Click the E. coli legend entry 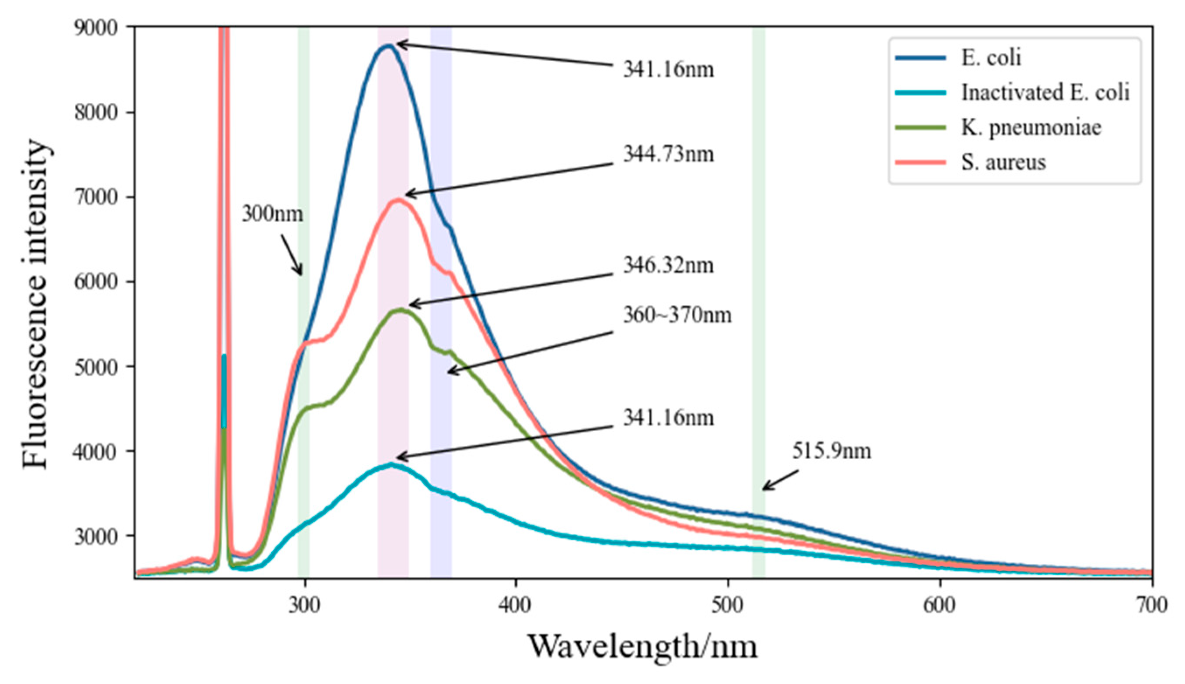pyautogui.click(x=991, y=58)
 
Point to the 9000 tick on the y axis pyautogui.click(x=96, y=28)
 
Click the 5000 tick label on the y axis pyautogui.click(x=96, y=367)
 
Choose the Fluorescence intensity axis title pyautogui.click(x=36, y=304)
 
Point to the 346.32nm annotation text pyautogui.click(x=668, y=266)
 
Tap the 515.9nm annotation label pyautogui.click(x=831, y=451)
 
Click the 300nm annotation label pyautogui.click(x=272, y=214)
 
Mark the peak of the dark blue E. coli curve pyautogui.click(x=388, y=45)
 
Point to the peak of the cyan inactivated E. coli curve pyautogui.click(x=391, y=464)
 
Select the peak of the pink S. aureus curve pyautogui.click(x=398, y=200)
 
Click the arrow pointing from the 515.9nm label pyautogui.click(x=780, y=480)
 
